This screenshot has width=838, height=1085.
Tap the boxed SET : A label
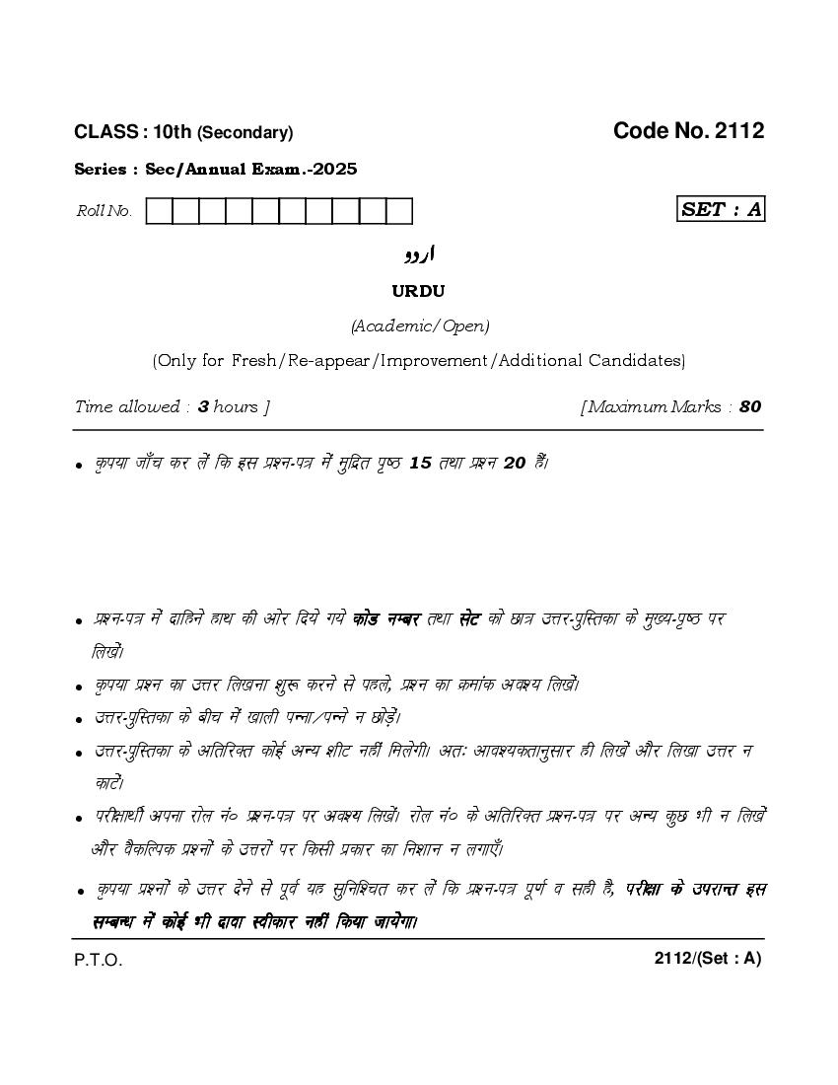click(x=722, y=209)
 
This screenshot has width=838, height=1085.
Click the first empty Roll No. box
click(x=159, y=211)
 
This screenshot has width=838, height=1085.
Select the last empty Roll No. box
click(x=398, y=211)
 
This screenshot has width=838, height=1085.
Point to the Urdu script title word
click(x=419, y=254)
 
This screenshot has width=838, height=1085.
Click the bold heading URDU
click(x=419, y=291)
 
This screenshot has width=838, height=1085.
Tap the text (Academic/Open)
click(x=419, y=325)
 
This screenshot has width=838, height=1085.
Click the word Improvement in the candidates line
click(x=431, y=361)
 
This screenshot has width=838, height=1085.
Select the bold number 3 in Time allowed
click(x=203, y=406)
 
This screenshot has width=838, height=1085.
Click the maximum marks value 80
click(x=750, y=406)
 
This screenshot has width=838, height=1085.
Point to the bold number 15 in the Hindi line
click(x=421, y=463)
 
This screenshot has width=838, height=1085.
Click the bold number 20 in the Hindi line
click(x=515, y=463)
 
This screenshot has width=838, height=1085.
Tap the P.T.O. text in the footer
click(x=99, y=961)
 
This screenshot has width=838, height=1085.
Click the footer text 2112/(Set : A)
click(x=708, y=958)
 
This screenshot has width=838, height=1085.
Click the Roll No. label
click(x=105, y=211)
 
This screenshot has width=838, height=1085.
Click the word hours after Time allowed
click(x=236, y=406)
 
